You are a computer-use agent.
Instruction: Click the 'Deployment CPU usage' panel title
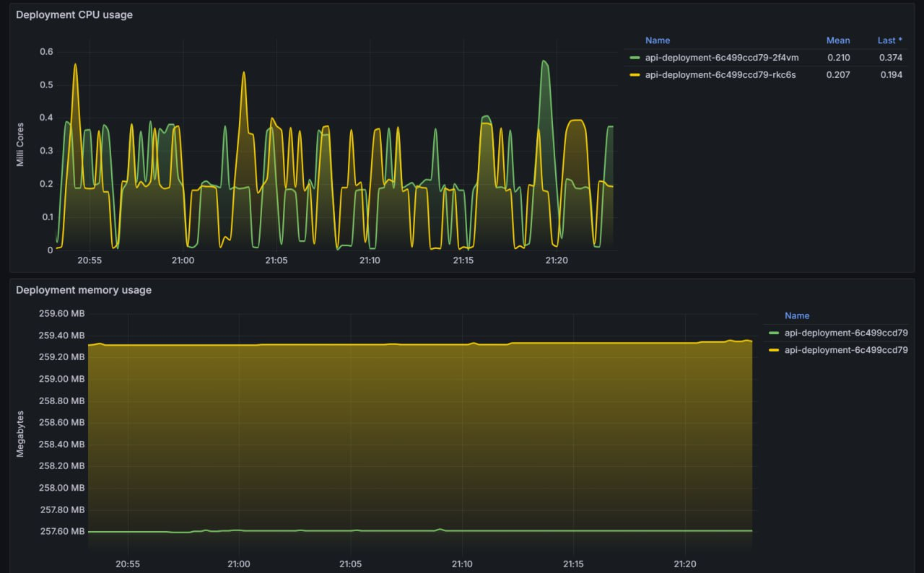74,14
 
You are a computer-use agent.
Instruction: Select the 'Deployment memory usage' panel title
84,290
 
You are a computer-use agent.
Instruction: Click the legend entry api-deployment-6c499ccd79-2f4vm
722,58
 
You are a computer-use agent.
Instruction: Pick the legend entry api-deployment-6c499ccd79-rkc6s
720,74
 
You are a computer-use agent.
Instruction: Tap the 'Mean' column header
838,40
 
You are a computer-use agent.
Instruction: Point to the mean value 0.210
838,58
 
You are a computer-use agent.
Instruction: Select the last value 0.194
890,74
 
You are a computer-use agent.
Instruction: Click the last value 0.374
890,58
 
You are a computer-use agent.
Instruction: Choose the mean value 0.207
838,74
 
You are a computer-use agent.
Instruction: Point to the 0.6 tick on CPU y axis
46,52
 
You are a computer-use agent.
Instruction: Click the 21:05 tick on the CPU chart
276,261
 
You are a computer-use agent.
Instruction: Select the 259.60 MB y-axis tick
61,314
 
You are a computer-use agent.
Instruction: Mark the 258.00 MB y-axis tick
61,488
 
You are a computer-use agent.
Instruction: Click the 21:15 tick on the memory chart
573,564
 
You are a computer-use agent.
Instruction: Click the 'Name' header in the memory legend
797,315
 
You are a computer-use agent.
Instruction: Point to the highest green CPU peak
544,61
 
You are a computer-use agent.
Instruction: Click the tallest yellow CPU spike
75,64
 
